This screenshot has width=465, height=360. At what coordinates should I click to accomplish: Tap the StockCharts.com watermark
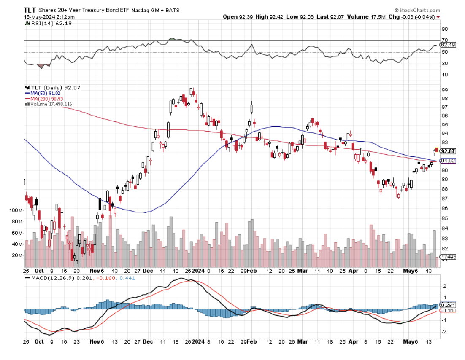[418, 10]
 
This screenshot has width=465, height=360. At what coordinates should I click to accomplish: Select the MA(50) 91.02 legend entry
[44, 93]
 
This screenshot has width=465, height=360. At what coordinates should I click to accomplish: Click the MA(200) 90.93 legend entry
[45, 98]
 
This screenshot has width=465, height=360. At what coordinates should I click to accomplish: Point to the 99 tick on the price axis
[444, 89]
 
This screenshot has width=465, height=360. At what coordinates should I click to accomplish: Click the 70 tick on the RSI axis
[444, 40]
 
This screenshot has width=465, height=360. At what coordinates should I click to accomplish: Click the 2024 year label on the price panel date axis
[198, 271]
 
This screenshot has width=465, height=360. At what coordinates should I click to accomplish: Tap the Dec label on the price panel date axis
[147, 271]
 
